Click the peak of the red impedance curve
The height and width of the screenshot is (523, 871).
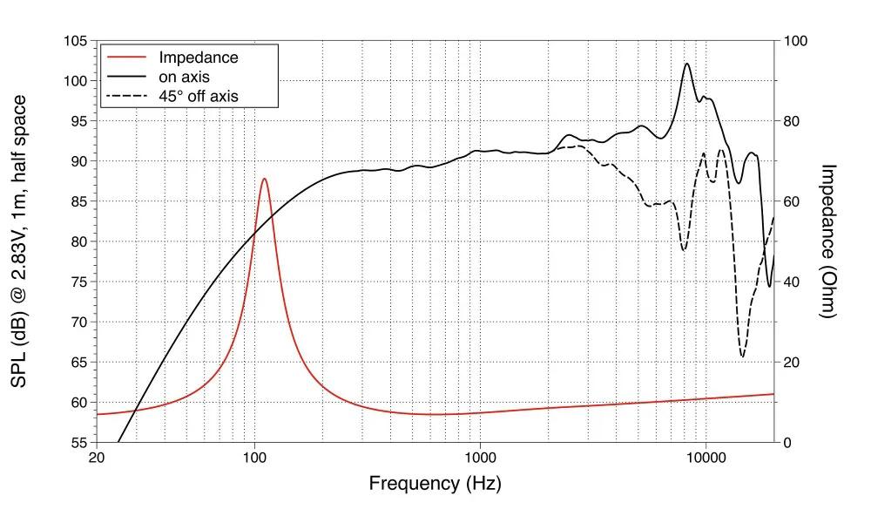click(x=264, y=179)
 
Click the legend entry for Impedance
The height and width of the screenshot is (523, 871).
click(x=198, y=58)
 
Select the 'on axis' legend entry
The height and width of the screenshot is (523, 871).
click(x=184, y=77)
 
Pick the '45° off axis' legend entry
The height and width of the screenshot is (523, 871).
click(x=198, y=96)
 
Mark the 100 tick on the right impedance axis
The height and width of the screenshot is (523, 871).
click(x=796, y=41)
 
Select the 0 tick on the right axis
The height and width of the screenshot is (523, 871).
click(x=788, y=442)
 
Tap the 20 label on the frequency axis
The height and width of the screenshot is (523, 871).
click(x=97, y=457)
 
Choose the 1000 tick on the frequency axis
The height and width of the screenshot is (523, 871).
click(x=480, y=457)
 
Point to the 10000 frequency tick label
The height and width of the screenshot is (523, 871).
click(x=706, y=457)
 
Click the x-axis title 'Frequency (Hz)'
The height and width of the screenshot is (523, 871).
click(x=435, y=483)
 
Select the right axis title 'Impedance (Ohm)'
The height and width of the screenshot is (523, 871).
click(x=828, y=241)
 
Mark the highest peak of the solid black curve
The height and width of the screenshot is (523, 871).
click(x=687, y=64)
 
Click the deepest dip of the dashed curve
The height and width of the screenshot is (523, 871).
click(x=742, y=356)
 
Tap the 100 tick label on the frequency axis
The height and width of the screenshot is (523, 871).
click(x=254, y=457)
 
